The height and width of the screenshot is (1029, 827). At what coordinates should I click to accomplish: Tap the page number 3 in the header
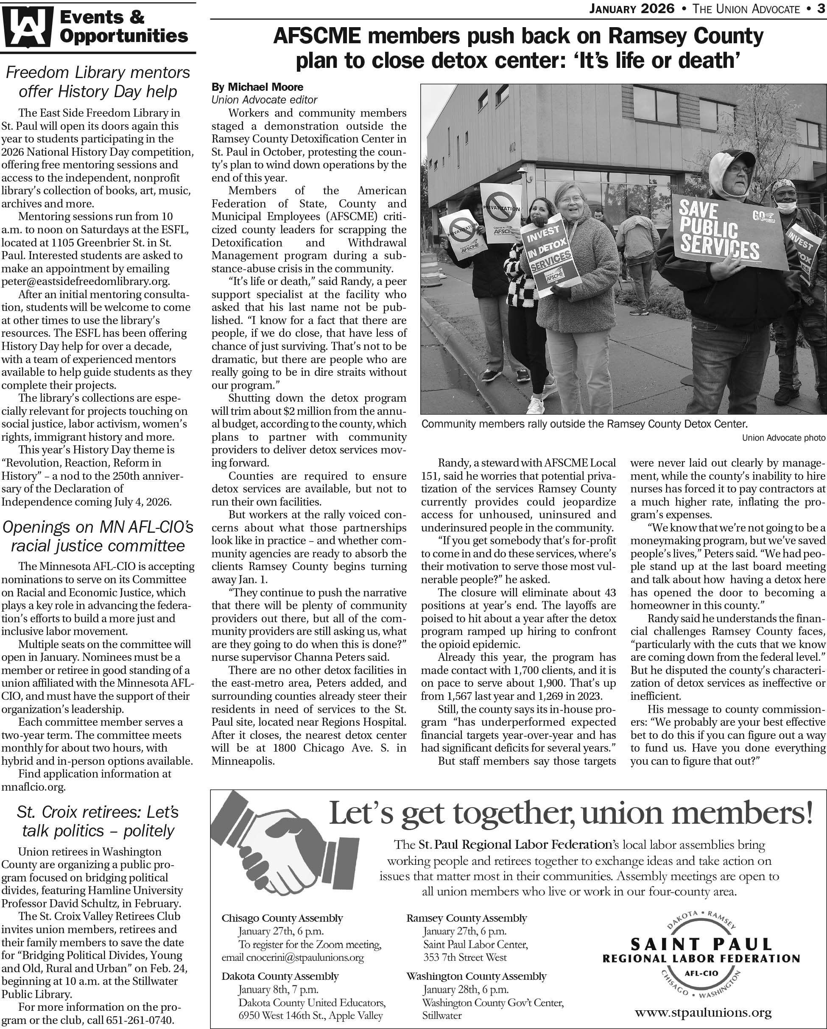coord(820,8)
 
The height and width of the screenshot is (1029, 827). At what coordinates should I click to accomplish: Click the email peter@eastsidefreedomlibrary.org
coord(85,281)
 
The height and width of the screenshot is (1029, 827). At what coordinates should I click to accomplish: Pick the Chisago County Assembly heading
coord(282,918)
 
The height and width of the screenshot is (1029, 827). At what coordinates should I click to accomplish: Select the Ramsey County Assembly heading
coord(466,918)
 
